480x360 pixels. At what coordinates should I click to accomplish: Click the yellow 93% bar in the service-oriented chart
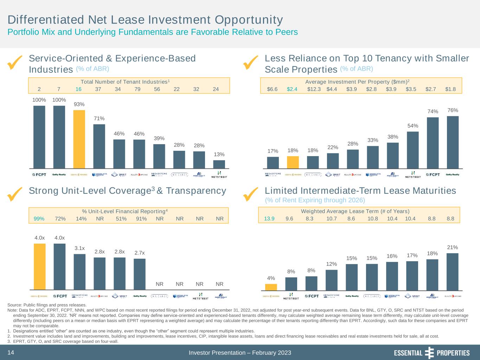point(79,139)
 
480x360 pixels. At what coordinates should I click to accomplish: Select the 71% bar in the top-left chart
point(99,146)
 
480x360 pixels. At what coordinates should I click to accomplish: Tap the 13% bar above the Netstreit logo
point(219,164)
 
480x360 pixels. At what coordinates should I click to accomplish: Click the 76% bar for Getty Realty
point(453,142)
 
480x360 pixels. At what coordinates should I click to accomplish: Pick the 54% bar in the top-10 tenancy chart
point(412,150)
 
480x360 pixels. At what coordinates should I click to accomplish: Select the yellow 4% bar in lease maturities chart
point(271,287)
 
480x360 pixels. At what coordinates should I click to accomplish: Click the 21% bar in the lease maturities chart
point(452,272)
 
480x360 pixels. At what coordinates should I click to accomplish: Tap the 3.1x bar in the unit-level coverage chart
point(79,272)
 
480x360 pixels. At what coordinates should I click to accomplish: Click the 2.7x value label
point(140,253)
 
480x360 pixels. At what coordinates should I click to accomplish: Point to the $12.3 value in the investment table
point(314,89)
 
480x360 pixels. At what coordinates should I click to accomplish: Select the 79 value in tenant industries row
point(137,89)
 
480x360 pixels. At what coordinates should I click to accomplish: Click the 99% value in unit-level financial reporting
point(39,219)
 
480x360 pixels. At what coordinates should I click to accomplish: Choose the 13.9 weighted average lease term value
point(269,219)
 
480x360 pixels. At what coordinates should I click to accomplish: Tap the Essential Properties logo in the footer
point(431,353)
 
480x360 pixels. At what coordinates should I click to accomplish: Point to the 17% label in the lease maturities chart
point(412,255)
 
